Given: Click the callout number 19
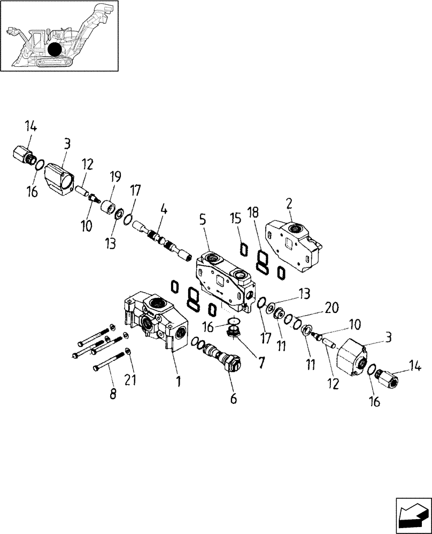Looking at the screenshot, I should click(115, 177).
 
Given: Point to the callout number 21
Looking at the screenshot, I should click(130, 380).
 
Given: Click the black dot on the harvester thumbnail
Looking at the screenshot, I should click(54, 50).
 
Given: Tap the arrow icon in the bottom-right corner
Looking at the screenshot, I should click(413, 515).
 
